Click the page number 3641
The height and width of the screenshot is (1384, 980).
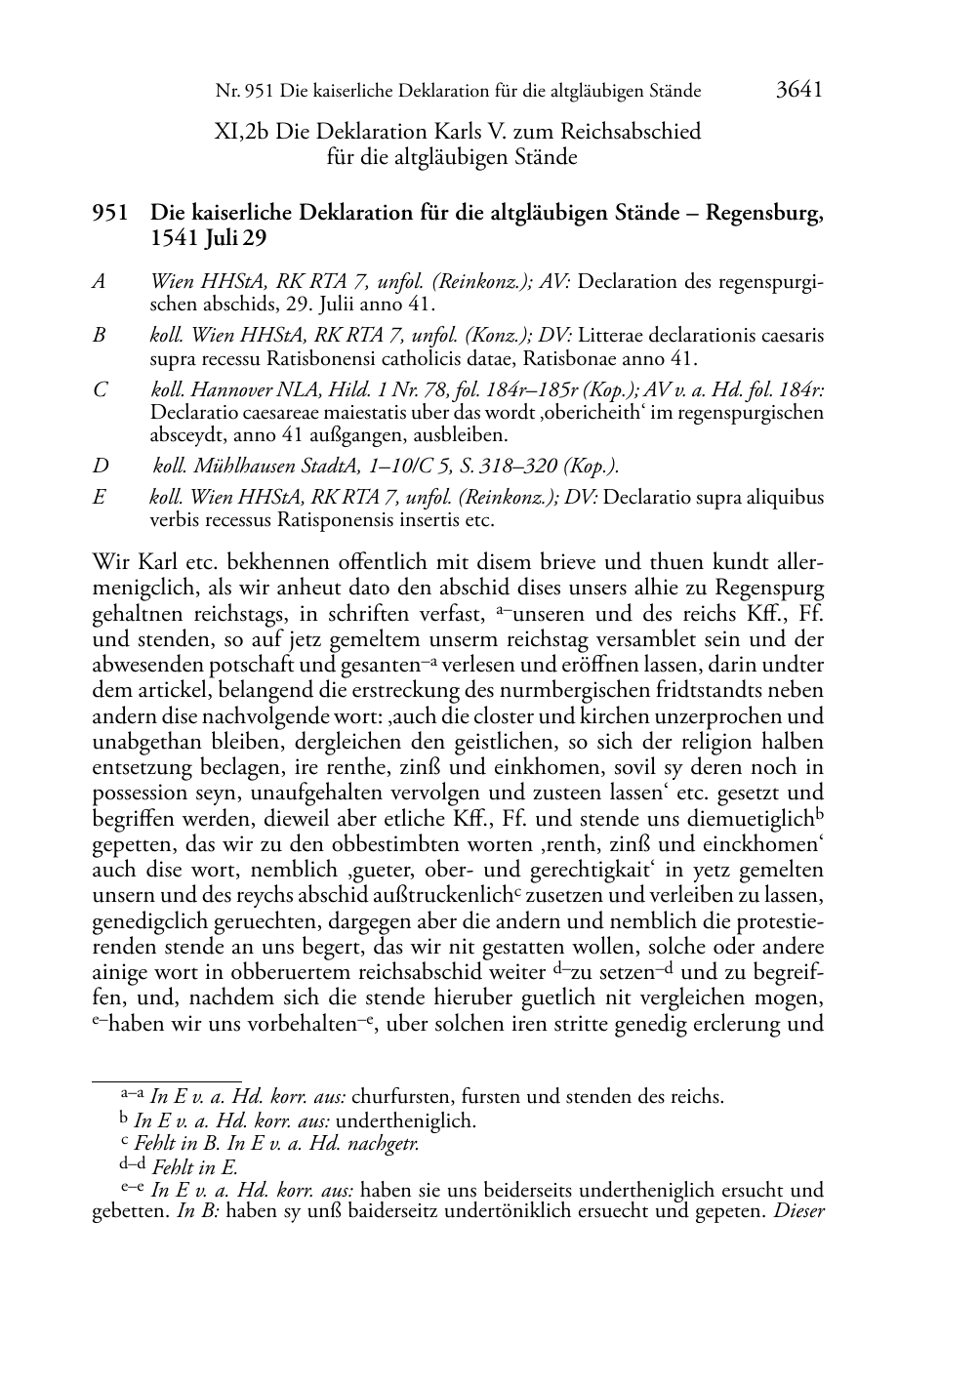pos(798,91)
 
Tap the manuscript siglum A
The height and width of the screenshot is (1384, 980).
pos(99,282)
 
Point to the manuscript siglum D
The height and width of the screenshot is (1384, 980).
pos(100,467)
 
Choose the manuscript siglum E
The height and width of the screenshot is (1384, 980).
pos(99,498)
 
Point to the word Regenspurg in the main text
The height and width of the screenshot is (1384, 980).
pos(769,589)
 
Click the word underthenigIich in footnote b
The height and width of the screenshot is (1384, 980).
pos(405,1120)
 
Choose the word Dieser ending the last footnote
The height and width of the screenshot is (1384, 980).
pos(799,1214)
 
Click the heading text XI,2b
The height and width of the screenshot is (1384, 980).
pos(241,131)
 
